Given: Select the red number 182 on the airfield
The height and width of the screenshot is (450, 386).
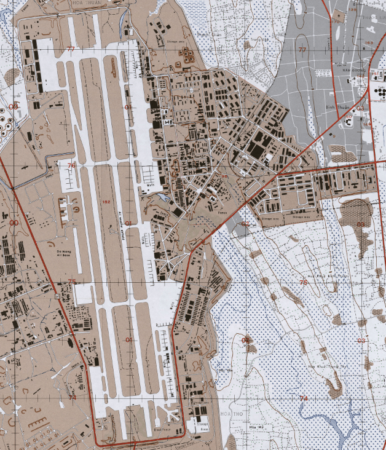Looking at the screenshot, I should point(106,201).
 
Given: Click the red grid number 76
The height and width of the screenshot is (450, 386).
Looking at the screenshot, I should point(71,165).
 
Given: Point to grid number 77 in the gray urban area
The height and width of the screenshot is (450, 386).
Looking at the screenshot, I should point(301,49).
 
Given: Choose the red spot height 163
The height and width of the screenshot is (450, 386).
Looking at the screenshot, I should point(368,42).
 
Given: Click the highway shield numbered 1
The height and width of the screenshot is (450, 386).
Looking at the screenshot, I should point(56,298).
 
